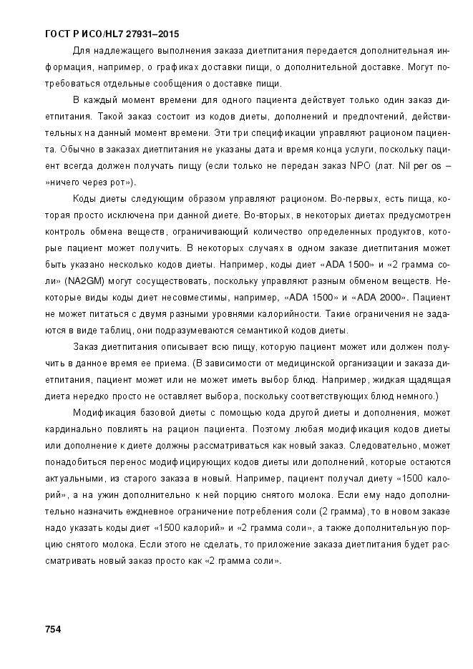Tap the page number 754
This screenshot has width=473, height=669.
click(x=52, y=629)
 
